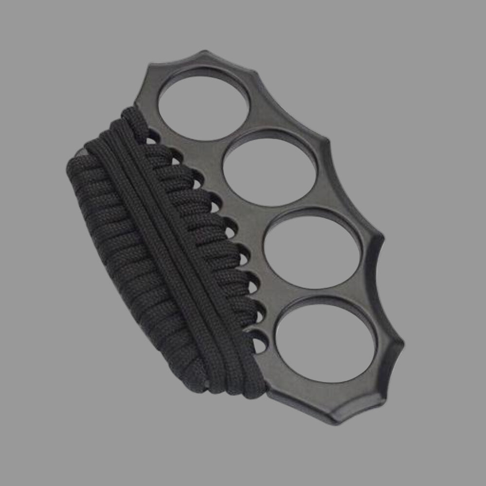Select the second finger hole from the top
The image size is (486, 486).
point(270,167)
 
